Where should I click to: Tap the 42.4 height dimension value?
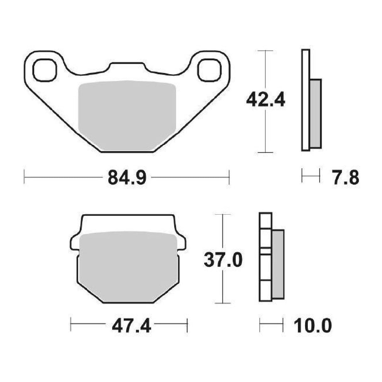266,100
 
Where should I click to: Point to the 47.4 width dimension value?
131,326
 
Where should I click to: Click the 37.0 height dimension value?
223,260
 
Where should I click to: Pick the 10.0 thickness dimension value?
312,326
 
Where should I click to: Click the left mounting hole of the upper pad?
45,70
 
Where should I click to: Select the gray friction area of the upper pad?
126,115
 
